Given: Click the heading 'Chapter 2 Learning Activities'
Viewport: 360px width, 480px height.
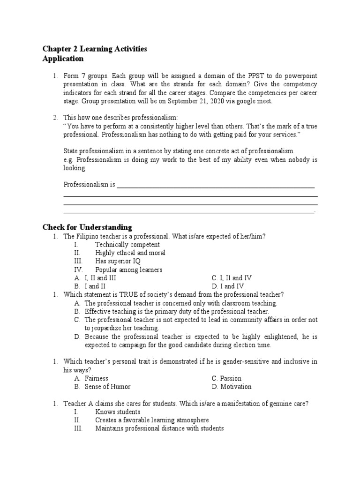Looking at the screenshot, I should [95, 49].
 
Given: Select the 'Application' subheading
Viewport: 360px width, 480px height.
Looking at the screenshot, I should [63, 59].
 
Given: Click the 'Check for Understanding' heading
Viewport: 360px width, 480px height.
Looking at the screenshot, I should [87, 227].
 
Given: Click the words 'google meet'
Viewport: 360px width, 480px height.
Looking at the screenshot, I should [254, 101].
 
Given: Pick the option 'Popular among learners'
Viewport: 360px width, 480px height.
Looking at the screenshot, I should [128, 270].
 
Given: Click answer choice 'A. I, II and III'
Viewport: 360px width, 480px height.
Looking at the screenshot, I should [95, 278].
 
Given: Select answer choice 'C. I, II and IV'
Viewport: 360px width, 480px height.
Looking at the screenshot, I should [232, 278].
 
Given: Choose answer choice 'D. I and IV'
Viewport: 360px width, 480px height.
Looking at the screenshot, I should [227, 286].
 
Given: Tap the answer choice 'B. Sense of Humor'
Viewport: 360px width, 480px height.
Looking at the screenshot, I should [102, 387].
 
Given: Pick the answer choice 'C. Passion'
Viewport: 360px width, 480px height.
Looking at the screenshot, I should [226, 378].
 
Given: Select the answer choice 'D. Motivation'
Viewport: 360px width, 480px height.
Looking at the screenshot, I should [232, 387].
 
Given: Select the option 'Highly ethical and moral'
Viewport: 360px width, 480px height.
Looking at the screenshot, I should [130, 253].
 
